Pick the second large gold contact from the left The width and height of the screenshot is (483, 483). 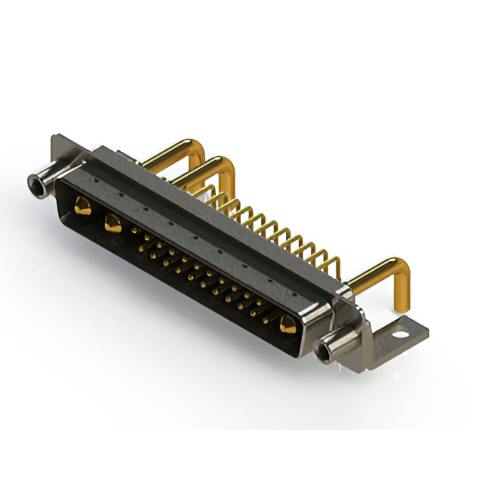113,223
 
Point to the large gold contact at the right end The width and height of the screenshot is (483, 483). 286,326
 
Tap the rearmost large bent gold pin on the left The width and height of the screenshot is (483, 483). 174,149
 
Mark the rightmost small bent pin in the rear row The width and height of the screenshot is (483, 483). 333,263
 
